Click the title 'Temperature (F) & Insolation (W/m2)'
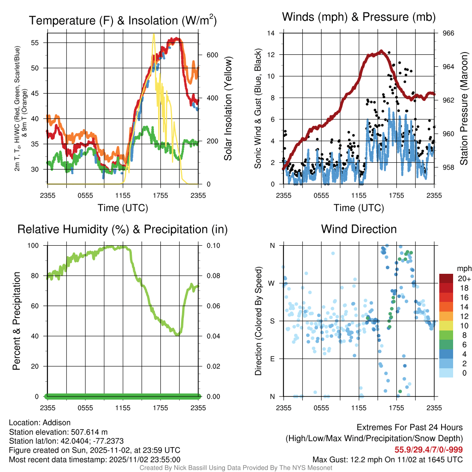123,20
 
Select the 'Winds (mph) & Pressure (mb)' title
359,17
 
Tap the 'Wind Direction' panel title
359,229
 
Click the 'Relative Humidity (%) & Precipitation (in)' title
123,229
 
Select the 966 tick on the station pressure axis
448,33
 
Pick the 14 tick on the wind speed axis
271,33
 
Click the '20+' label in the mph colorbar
463,278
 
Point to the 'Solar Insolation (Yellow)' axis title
228,109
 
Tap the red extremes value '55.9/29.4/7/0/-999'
428,449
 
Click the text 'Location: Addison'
40,423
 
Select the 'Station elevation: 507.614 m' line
58,432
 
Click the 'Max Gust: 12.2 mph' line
388,459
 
